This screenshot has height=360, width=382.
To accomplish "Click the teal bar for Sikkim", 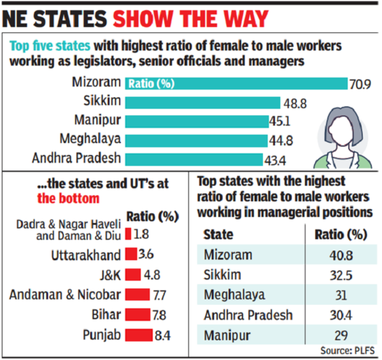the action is coord(202,102).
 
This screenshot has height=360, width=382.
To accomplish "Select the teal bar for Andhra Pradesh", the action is coord(194,160).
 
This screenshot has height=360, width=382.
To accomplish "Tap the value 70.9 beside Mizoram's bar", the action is coord(360,85).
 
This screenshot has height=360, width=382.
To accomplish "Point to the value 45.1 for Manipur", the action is coord(280,121).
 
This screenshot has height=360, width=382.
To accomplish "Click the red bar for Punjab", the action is coord(139,335).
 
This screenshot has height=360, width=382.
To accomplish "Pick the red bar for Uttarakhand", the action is coord(131,254).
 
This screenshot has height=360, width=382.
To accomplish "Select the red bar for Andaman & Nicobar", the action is coord(138,294).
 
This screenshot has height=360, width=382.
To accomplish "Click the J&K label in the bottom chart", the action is coord(110,275).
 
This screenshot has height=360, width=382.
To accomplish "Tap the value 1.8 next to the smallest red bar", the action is coord(141,234).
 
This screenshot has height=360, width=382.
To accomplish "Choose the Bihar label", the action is coord(106,314).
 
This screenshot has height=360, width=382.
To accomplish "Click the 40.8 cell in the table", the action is coord(341,255).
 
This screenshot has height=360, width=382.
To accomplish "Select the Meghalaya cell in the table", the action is coord(234,295).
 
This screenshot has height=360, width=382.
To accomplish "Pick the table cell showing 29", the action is coord(341,335).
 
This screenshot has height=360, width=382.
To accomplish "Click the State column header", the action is coord(218,235).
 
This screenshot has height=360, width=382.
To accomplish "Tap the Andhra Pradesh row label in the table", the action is coord(248,315).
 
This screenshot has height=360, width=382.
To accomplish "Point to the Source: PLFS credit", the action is coord(348,350).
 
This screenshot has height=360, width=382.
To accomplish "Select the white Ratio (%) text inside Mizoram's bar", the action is coord(152,84).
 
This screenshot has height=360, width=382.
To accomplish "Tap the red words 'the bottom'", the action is coord(69,198).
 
